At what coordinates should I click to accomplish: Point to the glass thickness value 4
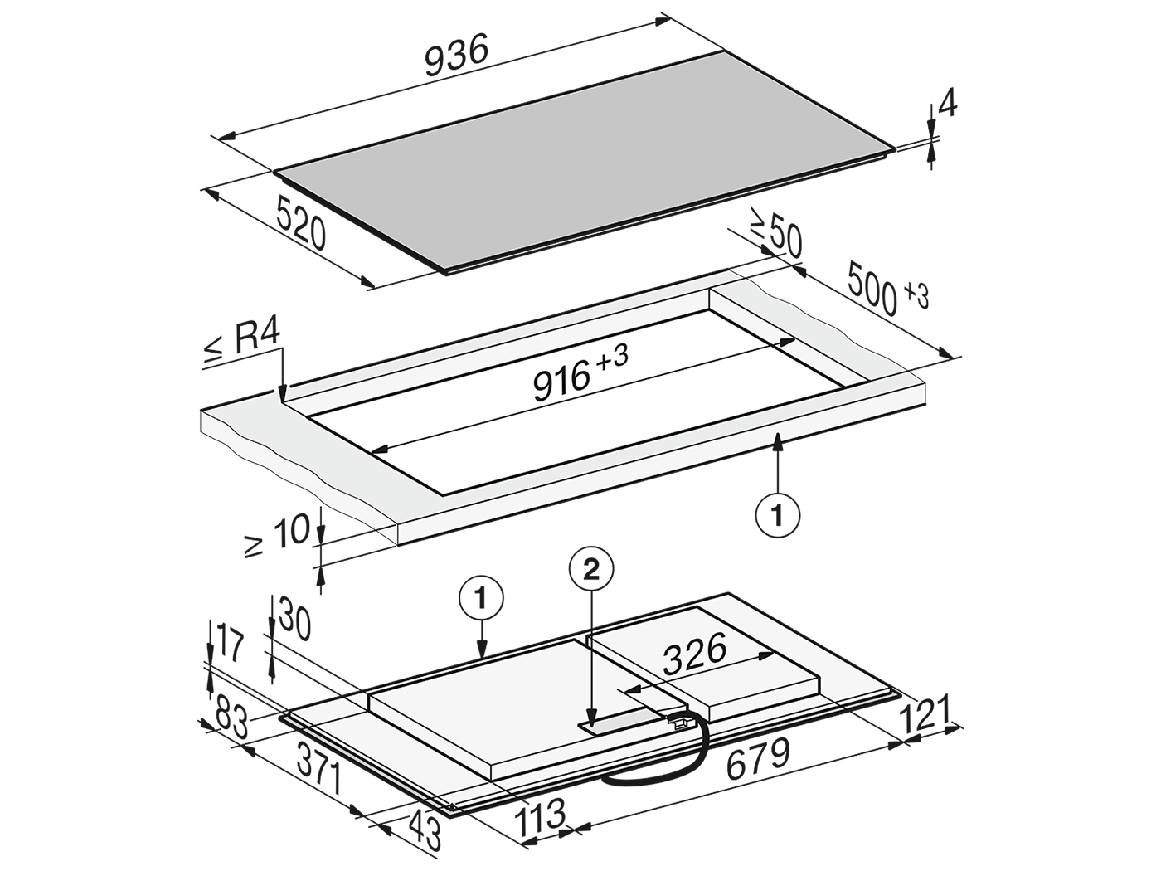[x=948, y=106]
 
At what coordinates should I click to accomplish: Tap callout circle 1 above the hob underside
[x=481, y=600]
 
